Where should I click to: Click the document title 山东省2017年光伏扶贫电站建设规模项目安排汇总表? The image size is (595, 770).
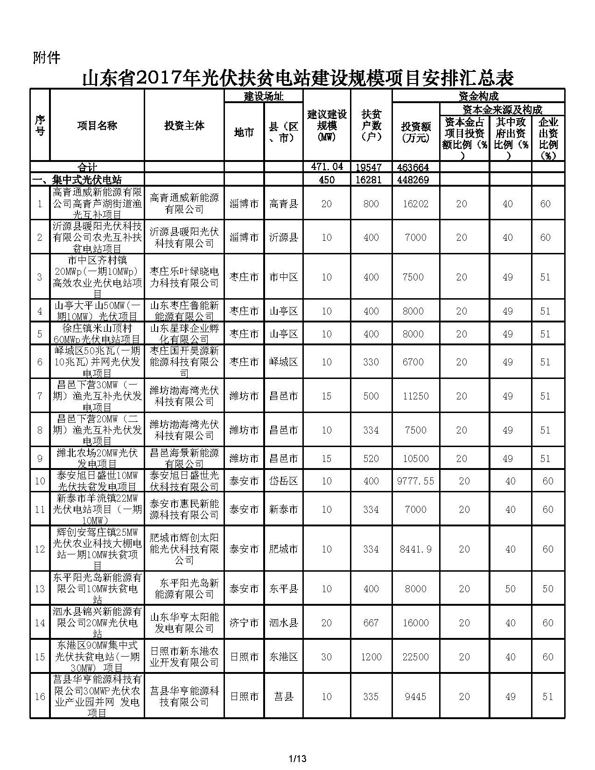tap(298, 78)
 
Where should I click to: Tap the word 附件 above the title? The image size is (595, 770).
tap(47, 57)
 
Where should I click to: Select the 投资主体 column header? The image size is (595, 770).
tap(184, 126)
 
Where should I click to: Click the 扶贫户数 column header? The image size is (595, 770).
tap(371, 126)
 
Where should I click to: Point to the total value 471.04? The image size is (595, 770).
tap(327, 167)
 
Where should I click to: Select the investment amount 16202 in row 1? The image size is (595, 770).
tap(415, 204)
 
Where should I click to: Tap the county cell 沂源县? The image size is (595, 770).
tap(283, 238)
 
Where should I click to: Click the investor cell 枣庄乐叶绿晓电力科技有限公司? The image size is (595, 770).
tap(184, 277)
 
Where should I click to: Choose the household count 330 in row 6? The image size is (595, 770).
tap(371, 362)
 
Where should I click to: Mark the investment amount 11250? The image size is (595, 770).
tap(415, 396)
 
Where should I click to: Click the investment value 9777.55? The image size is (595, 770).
tap(415, 481)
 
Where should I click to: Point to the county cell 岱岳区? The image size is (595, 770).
tap(283, 481)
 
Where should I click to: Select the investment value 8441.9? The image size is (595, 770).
tap(415, 549)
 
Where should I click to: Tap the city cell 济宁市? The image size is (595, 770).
tap(244, 623)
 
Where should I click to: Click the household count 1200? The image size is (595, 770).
tap(371, 657)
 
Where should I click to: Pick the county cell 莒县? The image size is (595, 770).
tap(283, 697)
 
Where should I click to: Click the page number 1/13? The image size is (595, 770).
tap(298, 758)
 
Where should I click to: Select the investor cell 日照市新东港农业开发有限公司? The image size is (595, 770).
tap(184, 657)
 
